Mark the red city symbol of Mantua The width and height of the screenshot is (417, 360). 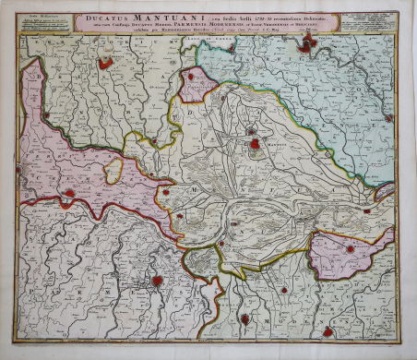click(254, 144)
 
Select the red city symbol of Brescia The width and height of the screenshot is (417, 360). click(105, 64)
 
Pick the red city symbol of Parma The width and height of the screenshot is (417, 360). click(158, 281)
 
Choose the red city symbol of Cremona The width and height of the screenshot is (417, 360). click(68, 194)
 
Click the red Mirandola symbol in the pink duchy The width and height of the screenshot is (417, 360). click(350, 248)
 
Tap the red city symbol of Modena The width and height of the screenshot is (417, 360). click(328, 330)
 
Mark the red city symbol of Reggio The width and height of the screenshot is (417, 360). click(244, 318)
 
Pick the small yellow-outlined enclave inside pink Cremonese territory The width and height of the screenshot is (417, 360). click(114, 172)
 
